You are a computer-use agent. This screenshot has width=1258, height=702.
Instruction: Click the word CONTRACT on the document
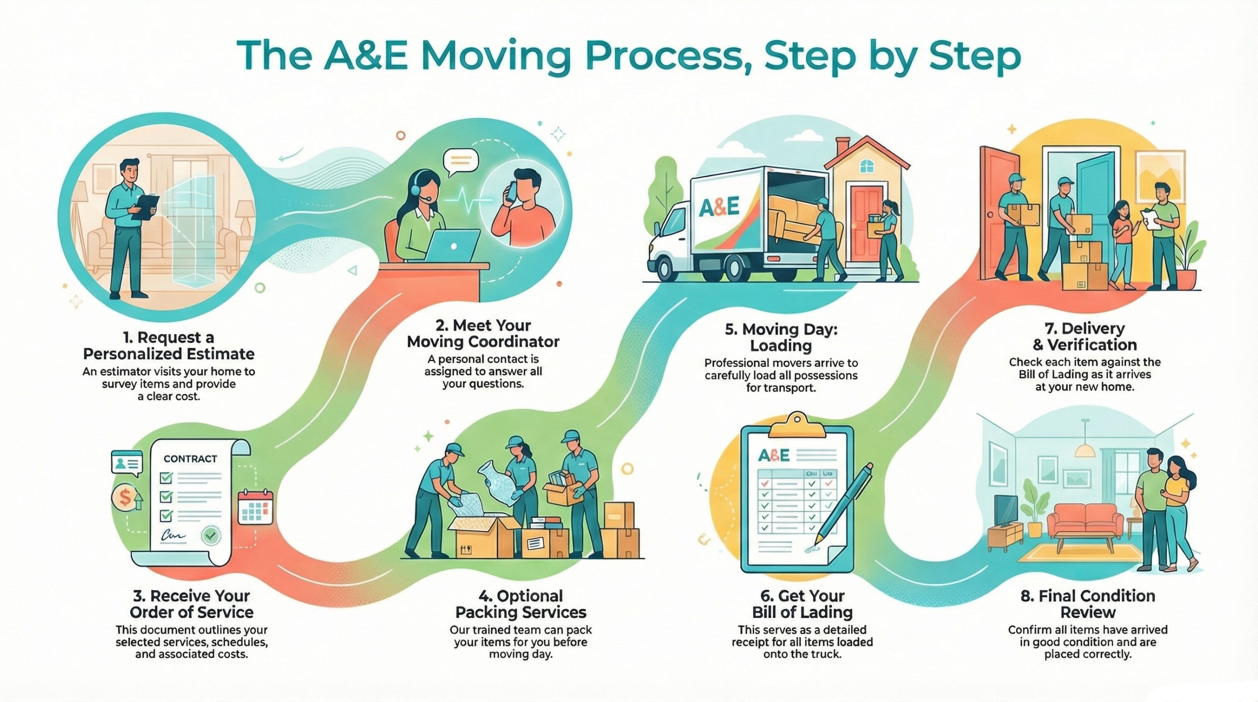pos(190,458)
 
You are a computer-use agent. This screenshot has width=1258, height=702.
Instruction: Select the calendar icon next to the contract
pos(255,506)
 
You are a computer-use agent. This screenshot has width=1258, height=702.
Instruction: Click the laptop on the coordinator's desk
pos(452,246)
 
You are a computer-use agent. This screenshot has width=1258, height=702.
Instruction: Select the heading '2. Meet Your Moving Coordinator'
pos(483,333)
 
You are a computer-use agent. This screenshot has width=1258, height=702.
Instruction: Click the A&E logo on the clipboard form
pos(774,455)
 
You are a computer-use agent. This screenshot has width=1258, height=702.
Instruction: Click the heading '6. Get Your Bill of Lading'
pos(802,604)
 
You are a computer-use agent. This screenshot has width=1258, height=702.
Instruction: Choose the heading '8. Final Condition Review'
pos(1087,604)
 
